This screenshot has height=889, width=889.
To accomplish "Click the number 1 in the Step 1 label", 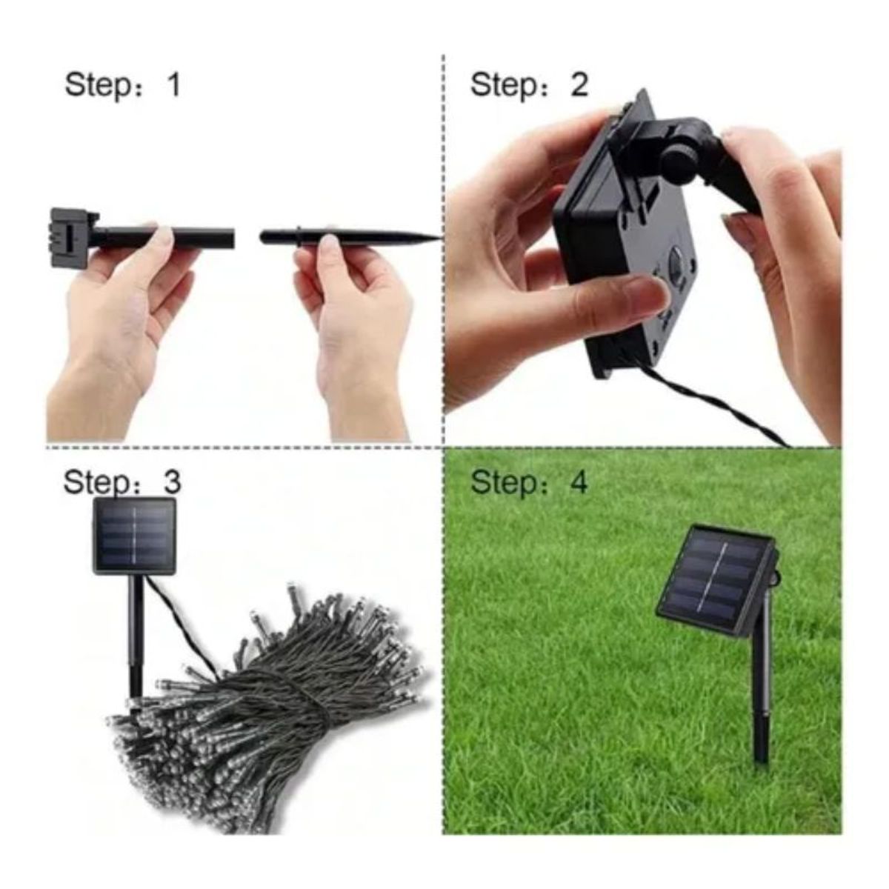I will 173,84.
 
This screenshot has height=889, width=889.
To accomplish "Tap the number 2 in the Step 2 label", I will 579,84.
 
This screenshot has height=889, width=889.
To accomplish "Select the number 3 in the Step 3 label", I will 171,482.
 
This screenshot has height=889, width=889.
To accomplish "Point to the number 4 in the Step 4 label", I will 578,482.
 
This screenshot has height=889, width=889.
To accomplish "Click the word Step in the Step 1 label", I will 97,86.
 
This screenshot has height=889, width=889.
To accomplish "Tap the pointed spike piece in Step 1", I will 348,238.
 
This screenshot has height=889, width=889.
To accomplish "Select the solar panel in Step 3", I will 135,536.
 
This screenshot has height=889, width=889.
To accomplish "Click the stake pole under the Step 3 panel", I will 136,637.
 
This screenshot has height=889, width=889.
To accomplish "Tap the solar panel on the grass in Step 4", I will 715,582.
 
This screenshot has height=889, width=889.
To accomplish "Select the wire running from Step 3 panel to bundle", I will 182,622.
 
